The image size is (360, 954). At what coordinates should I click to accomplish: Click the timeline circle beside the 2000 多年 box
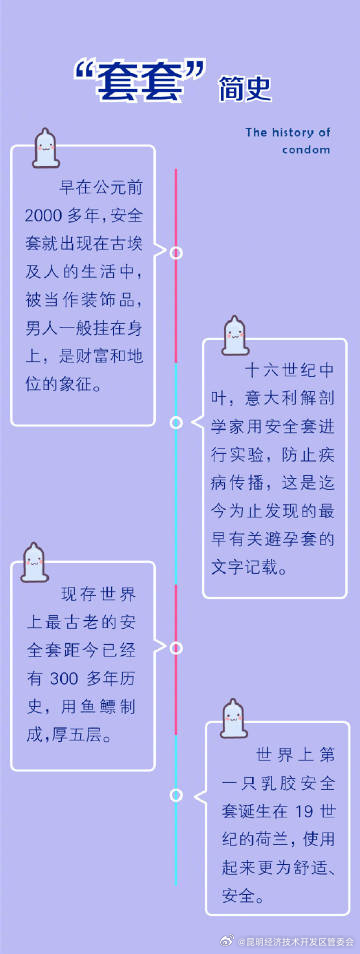point(176,253)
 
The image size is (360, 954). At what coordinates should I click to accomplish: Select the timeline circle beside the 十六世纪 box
point(176,423)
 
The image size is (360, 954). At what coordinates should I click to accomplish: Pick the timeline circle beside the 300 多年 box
point(176,648)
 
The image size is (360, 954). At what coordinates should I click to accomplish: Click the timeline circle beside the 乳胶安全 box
point(176,795)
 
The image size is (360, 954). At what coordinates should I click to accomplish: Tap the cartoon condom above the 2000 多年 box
point(44,148)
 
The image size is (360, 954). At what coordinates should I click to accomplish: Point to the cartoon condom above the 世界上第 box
point(235,719)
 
